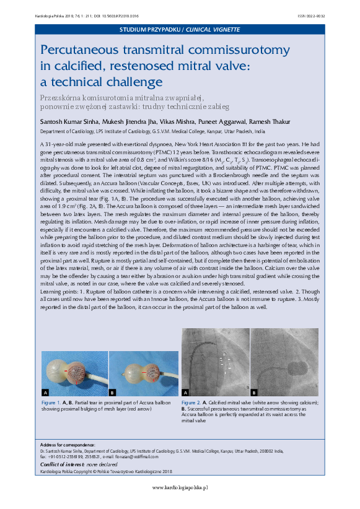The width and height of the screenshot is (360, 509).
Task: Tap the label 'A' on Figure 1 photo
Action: [x=45, y=393]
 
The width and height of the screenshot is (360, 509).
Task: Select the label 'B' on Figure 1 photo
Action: [x=112, y=393]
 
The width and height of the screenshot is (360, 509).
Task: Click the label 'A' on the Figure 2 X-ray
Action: [x=185, y=392]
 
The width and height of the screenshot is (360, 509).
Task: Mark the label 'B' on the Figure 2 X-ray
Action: [x=253, y=392]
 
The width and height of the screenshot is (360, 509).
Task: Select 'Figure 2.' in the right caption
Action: [x=191, y=402]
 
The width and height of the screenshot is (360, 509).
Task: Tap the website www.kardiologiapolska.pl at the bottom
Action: [x=180, y=487]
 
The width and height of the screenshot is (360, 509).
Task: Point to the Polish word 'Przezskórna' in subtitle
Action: [x=60, y=98]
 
